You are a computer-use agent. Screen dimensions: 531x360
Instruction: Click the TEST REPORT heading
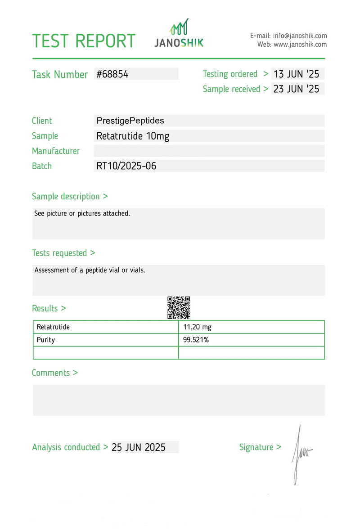click(84, 41)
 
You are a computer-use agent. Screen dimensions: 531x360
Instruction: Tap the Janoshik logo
click(179, 34)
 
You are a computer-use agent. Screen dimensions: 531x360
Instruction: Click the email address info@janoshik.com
click(300, 36)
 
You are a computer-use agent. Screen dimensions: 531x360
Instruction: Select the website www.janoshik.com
click(300, 45)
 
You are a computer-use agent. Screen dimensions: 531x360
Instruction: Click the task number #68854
click(112, 74)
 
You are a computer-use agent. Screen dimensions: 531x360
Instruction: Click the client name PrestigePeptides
click(130, 121)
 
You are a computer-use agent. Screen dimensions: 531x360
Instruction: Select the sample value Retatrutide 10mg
click(133, 136)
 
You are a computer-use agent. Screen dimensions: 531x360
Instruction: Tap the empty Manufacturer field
click(209, 151)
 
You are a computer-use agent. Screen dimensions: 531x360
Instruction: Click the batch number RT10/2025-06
click(126, 166)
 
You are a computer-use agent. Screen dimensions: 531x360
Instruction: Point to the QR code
click(179, 307)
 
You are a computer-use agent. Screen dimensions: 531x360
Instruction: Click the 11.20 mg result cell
click(197, 327)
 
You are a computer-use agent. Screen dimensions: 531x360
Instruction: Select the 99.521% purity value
click(196, 340)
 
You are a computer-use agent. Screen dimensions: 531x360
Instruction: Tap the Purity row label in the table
click(46, 340)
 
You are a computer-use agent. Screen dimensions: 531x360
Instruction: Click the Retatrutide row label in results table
click(53, 327)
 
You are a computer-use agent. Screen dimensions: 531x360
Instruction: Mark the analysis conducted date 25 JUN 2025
click(139, 447)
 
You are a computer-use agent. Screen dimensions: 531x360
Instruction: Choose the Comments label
click(54, 373)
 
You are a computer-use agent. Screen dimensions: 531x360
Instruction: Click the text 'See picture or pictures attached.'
click(82, 213)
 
